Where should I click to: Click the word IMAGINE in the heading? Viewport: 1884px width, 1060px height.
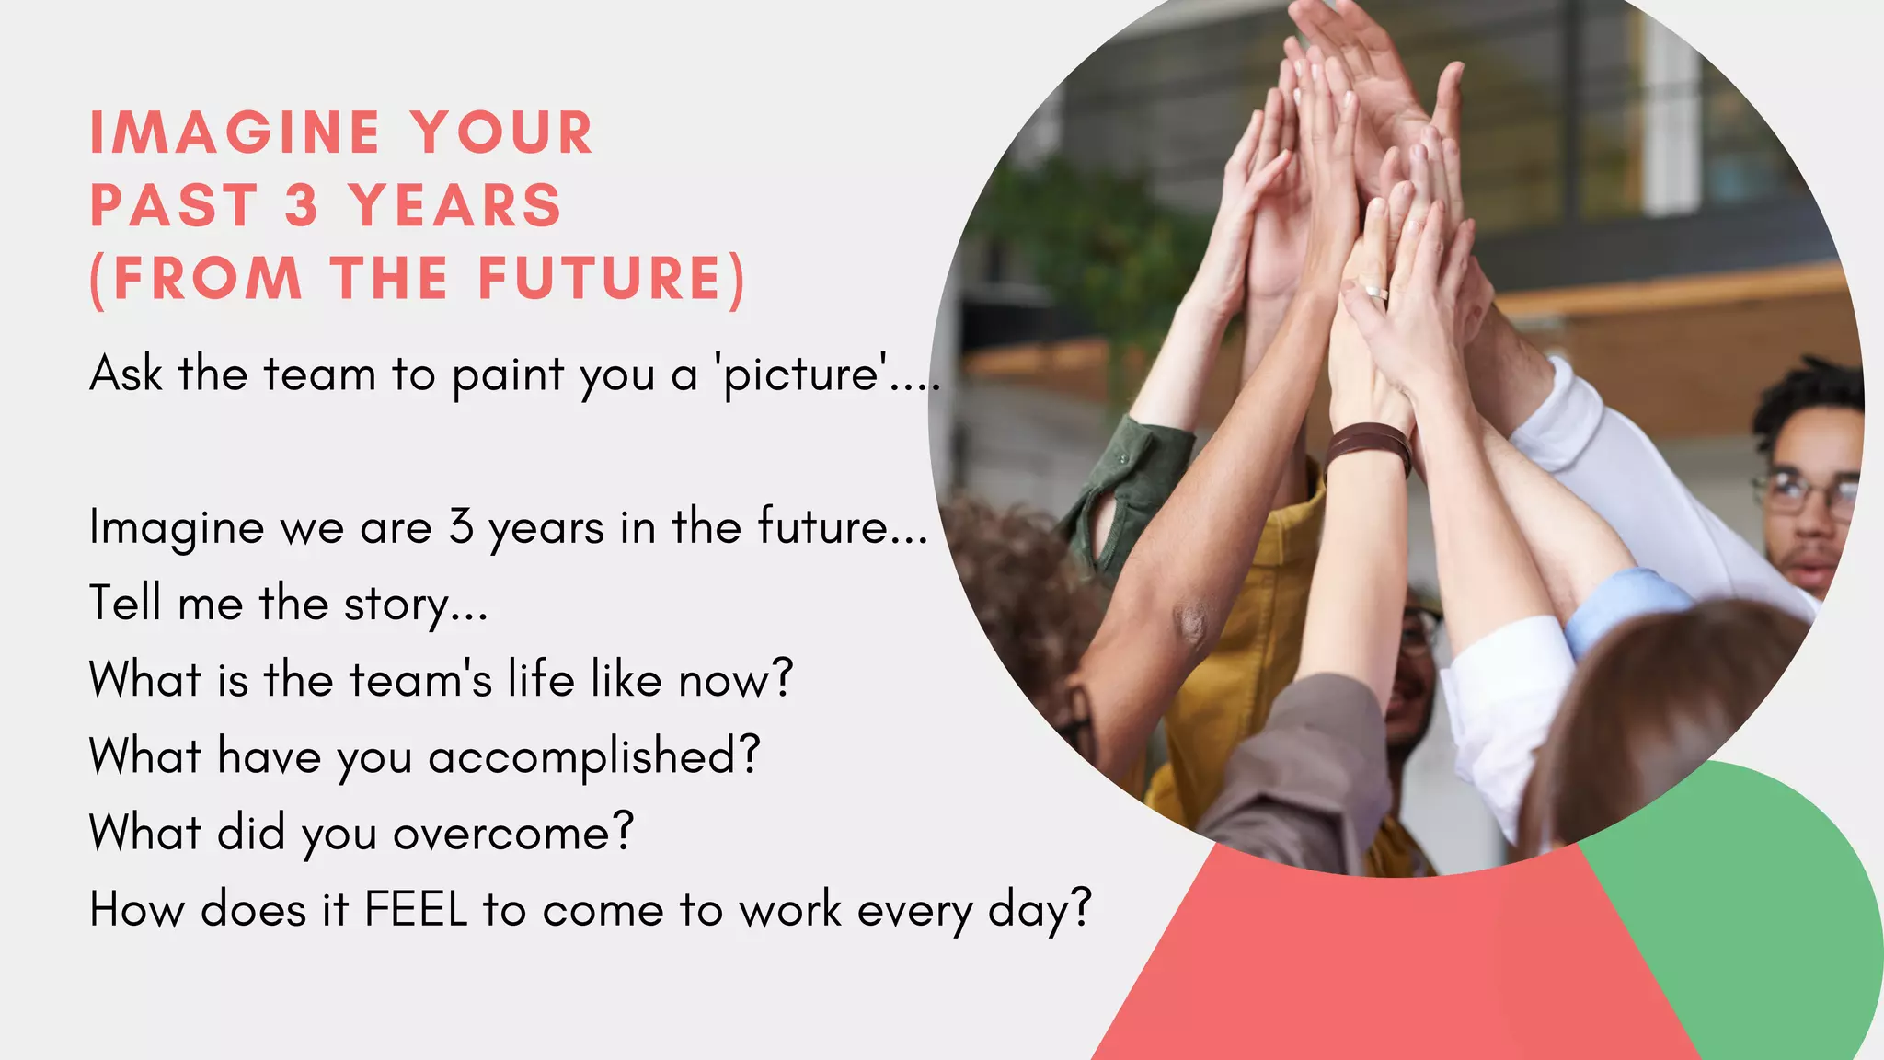(x=235, y=132)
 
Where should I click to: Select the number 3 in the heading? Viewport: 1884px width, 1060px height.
(x=302, y=205)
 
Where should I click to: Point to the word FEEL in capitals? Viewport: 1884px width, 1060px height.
(x=417, y=910)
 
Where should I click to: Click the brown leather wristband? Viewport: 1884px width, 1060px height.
(x=1368, y=445)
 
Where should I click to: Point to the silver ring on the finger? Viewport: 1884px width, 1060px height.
(x=1373, y=292)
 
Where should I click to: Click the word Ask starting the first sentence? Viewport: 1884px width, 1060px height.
(x=126, y=374)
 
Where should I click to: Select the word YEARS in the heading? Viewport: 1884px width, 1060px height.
(x=455, y=205)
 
